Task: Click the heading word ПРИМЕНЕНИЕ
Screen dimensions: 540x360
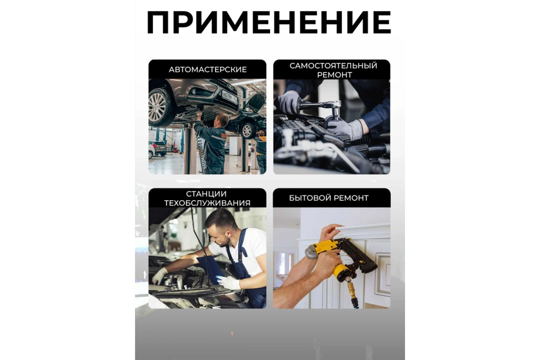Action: tap(269, 22)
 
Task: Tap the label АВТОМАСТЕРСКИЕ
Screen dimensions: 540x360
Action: tap(208, 69)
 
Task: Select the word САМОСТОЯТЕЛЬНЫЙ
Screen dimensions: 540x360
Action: tap(333, 66)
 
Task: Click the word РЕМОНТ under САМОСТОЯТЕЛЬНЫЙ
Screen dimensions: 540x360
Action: tap(334, 75)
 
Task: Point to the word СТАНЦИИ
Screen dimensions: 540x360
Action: tap(206, 194)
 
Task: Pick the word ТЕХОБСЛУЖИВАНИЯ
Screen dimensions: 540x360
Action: tap(207, 203)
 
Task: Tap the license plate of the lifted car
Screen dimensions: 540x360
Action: tap(229, 97)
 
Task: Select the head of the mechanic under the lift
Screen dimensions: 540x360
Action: tap(221, 120)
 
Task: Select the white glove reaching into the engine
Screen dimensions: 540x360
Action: tap(159, 275)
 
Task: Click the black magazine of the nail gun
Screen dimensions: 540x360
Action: tap(361, 256)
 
